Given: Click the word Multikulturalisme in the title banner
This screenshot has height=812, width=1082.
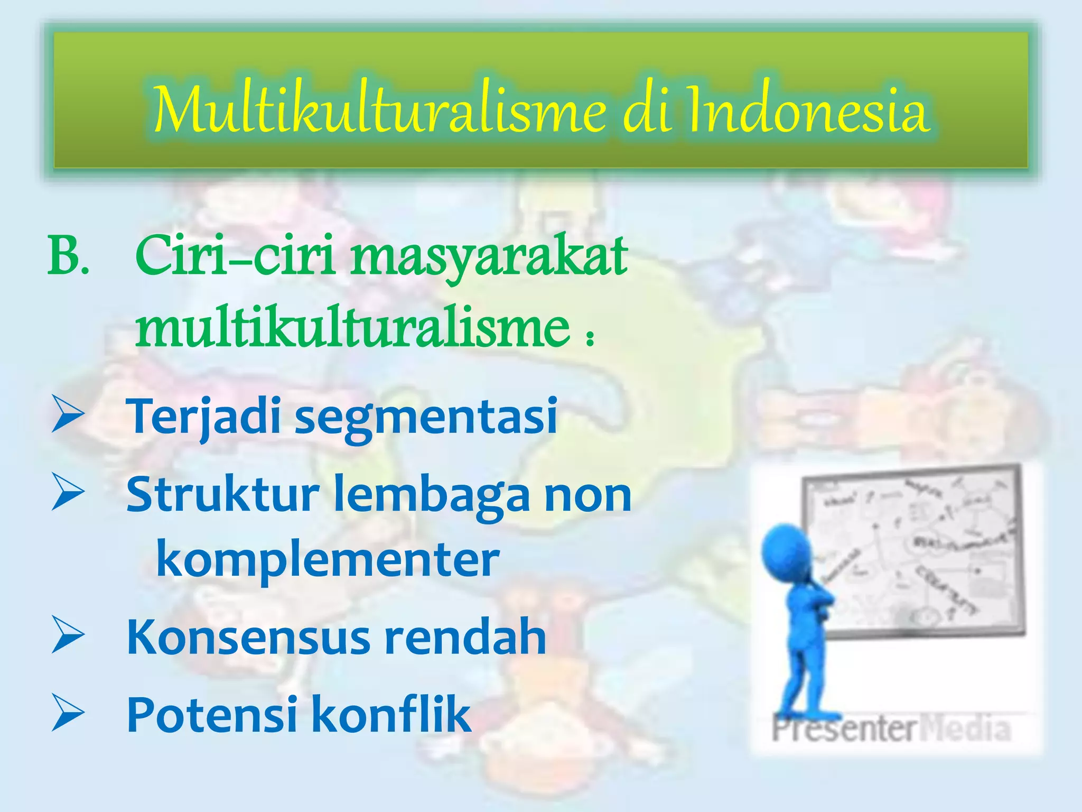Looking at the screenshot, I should (x=380, y=111).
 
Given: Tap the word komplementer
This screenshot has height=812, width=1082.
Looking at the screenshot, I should (x=328, y=560).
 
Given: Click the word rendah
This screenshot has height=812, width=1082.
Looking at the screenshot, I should (x=465, y=637).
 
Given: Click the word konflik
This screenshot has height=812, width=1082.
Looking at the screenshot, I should (x=391, y=715).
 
